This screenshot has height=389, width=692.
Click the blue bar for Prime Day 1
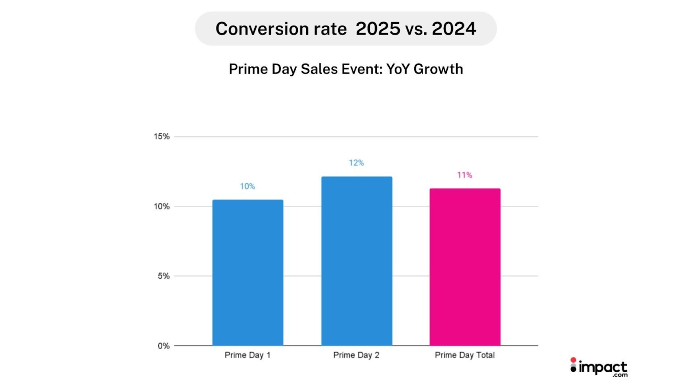click(x=248, y=272)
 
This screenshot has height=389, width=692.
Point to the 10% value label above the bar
click(x=247, y=186)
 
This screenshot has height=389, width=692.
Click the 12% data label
click(x=356, y=163)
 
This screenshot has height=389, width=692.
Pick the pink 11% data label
click(x=465, y=175)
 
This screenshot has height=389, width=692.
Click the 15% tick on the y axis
click(x=162, y=137)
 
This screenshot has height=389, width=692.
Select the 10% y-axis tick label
click(x=162, y=207)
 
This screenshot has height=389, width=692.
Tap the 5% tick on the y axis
click(x=163, y=276)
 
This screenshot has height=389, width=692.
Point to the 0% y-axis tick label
click(x=163, y=346)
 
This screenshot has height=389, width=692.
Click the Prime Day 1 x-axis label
click(x=247, y=355)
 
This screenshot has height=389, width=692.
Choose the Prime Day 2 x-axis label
click(x=356, y=355)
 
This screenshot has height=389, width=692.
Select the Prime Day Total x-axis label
click(x=465, y=355)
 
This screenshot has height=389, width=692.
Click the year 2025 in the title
click(x=378, y=29)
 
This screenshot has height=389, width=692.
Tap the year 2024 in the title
click(x=454, y=29)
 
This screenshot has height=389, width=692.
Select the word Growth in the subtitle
click(x=438, y=69)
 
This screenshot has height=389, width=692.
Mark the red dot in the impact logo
click(x=573, y=360)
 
